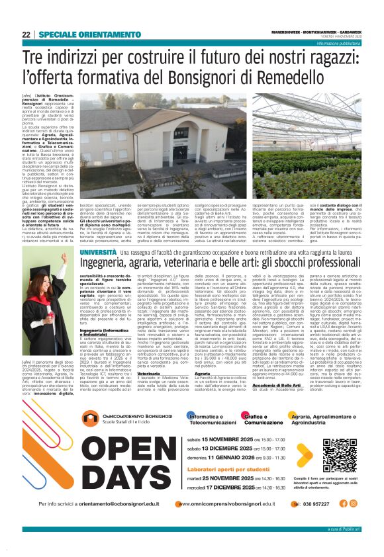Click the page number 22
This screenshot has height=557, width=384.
click(x=25, y=34)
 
